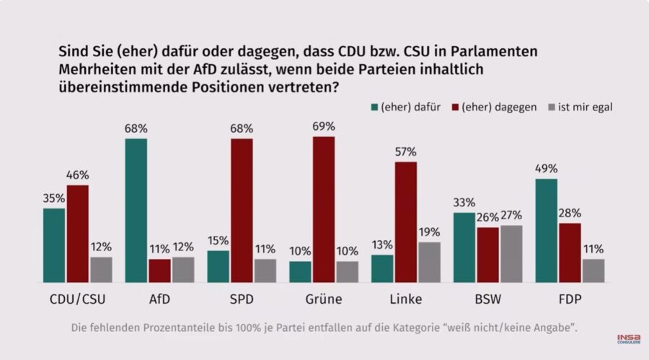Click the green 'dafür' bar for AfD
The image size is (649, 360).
(x=136, y=211)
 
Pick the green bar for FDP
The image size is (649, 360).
(x=547, y=231)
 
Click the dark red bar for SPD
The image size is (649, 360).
(x=242, y=211)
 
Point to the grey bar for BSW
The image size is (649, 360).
(x=511, y=254)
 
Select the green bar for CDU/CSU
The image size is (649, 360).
(x=54, y=245)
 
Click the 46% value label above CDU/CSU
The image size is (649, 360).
(x=77, y=175)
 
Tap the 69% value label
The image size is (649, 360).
(x=324, y=126)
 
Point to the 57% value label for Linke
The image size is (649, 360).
(x=406, y=152)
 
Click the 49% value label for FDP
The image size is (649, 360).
(x=547, y=168)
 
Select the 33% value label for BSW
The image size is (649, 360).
(x=464, y=202)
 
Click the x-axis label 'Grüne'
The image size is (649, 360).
(x=324, y=299)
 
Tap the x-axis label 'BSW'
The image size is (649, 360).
(x=488, y=299)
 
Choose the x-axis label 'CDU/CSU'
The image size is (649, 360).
(x=77, y=299)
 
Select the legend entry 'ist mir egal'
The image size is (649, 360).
(x=584, y=107)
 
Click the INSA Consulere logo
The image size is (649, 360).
(x=627, y=338)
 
